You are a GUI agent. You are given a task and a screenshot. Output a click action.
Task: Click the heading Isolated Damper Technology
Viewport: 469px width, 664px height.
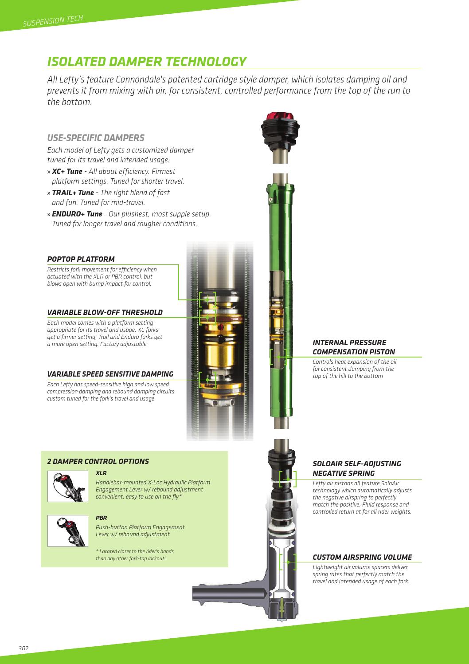(147, 62)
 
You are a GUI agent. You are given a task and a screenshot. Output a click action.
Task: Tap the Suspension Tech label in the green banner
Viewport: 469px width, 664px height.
(53, 21)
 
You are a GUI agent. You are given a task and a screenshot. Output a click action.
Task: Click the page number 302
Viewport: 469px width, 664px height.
(23, 648)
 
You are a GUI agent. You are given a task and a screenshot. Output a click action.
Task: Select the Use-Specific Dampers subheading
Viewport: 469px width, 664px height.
(96, 138)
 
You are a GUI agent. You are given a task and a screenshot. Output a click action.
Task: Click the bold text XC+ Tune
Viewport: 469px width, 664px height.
(67, 171)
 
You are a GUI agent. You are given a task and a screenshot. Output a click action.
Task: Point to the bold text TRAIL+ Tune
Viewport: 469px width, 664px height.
(73, 193)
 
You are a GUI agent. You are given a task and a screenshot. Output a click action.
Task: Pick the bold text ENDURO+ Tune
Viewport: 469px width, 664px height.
(77, 214)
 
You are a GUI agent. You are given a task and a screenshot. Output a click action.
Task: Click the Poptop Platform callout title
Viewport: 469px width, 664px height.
(81, 259)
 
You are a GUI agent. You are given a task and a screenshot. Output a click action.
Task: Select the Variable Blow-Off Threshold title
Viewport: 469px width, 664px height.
(105, 312)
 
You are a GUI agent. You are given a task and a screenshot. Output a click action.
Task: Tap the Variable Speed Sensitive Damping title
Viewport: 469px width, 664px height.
(110, 374)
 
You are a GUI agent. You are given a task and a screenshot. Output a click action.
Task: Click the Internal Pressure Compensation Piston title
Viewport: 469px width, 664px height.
(354, 347)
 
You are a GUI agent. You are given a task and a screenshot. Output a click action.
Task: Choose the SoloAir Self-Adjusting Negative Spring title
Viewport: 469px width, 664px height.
(357, 468)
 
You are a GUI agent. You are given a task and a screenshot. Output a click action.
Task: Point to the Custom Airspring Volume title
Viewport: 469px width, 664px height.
(362, 557)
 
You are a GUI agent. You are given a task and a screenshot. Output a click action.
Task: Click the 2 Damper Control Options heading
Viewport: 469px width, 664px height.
(98, 462)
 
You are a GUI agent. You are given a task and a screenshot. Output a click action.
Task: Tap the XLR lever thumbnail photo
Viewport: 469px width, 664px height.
(68, 486)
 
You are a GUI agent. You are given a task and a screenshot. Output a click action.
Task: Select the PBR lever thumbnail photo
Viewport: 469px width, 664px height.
(68, 531)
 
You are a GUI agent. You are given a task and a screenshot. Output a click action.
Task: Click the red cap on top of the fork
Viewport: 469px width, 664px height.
(280, 117)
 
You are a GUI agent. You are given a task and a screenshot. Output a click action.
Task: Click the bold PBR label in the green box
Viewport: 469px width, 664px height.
(102, 518)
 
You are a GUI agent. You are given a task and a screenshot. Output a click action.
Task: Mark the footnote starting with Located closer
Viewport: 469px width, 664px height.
(134, 555)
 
